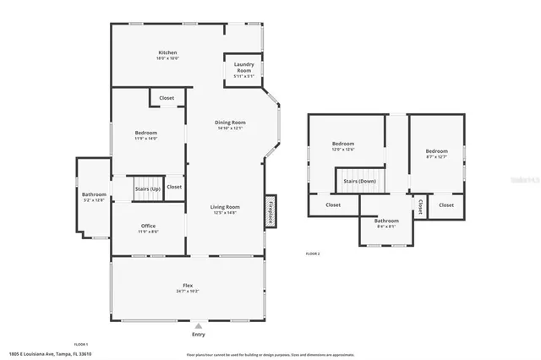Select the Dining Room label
(x=229, y=125)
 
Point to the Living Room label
(x=226, y=209)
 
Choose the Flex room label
(x=188, y=287)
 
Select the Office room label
(x=148, y=227)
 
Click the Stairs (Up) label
(x=147, y=189)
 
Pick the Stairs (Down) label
(x=359, y=181)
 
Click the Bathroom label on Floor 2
(x=387, y=222)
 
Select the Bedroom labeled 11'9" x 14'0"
(x=145, y=135)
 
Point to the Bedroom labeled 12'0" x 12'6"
(x=343, y=146)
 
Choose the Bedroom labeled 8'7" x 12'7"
(x=436, y=153)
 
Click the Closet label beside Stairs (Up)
(x=174, y=187)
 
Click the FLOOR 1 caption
(x=81, y=344)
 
